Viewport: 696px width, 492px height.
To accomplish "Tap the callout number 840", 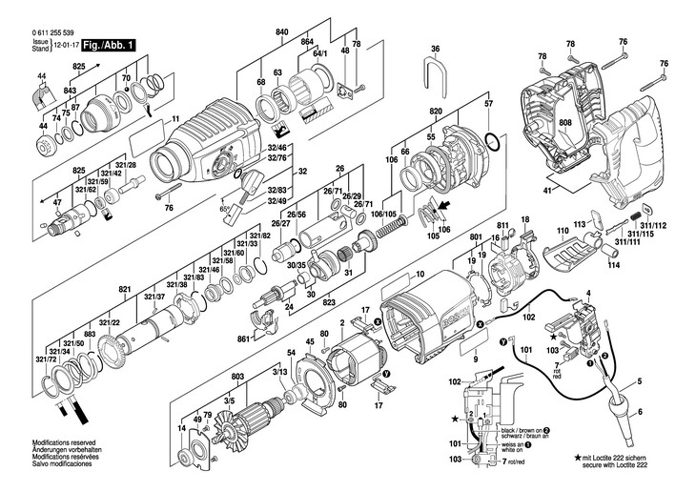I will tap(282, 33).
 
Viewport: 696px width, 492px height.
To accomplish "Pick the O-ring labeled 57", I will tap(490, 145).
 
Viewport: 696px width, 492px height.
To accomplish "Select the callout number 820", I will tap(436, 111).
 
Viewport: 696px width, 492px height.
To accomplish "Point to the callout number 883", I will tap(89, 333).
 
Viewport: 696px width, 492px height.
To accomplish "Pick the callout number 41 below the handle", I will tap(547, 191).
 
